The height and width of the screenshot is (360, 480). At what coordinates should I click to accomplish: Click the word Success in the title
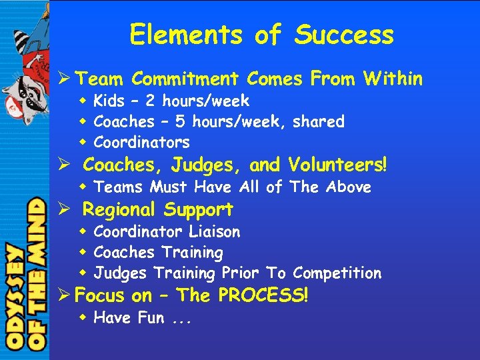click(345, 35)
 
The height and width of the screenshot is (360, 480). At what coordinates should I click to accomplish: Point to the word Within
click(393, 79)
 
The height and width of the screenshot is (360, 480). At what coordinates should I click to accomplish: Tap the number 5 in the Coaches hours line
click(179, 122)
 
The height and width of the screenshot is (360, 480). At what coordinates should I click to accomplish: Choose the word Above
click(348, 187)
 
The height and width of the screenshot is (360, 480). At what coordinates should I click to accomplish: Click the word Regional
click(119, 210)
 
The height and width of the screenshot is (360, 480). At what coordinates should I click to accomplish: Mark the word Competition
click(337, 273)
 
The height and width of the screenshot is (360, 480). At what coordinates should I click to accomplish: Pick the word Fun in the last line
click(151, 318)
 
